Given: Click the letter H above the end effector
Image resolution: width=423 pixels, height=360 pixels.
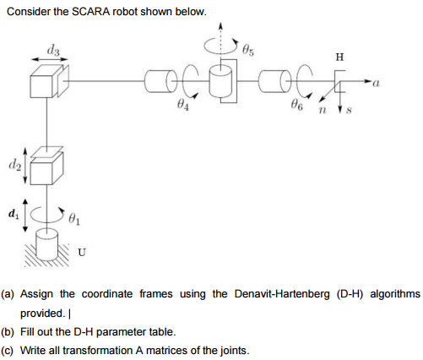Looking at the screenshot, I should click(339, 57).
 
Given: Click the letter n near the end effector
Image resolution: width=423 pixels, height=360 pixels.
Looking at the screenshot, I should click(323, 108).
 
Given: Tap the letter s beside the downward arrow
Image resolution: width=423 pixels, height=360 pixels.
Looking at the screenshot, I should click(349, 108).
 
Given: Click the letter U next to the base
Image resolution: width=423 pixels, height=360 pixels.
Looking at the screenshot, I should click(81, 250).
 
